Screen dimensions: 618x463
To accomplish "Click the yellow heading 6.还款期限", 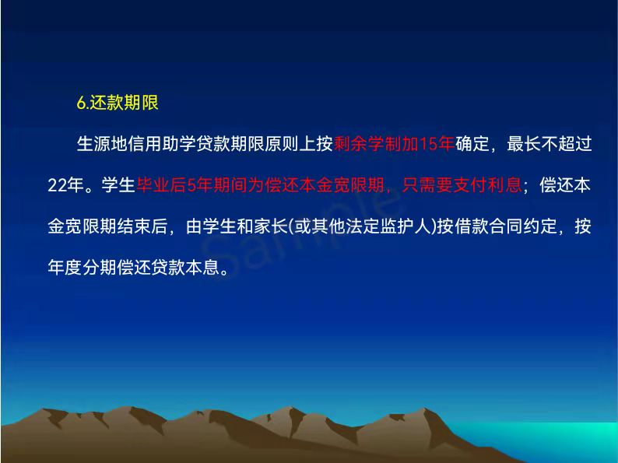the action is click(x=118, y=103).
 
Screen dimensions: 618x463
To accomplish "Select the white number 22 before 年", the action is click(x=56, y=185).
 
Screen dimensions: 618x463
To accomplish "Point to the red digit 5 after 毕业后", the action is click(x=191, y=185).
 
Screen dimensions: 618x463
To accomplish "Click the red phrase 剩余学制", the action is click(x=367, y=144).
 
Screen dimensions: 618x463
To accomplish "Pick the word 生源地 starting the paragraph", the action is click(x=102, y=144).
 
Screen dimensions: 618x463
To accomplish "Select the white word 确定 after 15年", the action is click(x=472, y=144).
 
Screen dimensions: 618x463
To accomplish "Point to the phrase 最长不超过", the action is click(x=550, y=144).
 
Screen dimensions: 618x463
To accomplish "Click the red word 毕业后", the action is click(x=162, y=185).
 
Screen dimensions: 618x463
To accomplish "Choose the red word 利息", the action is click(x=505, y=185).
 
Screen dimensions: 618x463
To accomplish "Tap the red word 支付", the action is click(x=471, y=185).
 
